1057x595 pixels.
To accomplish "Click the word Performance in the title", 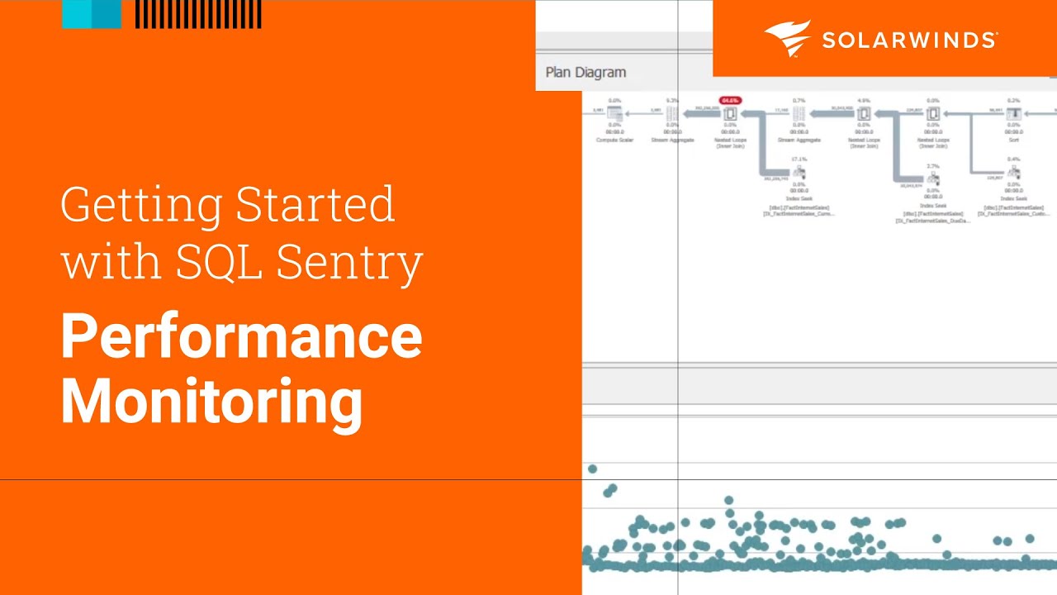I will click(241, 338).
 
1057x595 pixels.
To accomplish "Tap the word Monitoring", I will click(211, 401).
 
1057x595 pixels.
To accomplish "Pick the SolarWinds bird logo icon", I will click(787, 39).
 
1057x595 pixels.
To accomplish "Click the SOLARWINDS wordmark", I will click(909, 40).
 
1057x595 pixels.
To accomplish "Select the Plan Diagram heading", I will click(585, 73).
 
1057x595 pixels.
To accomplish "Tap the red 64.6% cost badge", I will click(730, 101).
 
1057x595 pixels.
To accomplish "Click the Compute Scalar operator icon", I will click(614, 114).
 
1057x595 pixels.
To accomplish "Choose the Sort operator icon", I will click(1013, 114).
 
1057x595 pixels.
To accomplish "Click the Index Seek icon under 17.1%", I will click(799, 173).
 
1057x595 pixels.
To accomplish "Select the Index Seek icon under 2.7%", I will click(932, 178).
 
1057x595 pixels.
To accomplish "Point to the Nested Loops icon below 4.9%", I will click(864, 114).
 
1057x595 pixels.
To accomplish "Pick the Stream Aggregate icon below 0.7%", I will click(799, 114).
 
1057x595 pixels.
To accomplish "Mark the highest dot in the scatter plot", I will click(592, 469).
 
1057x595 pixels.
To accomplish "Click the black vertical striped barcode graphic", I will click(198, 14).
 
